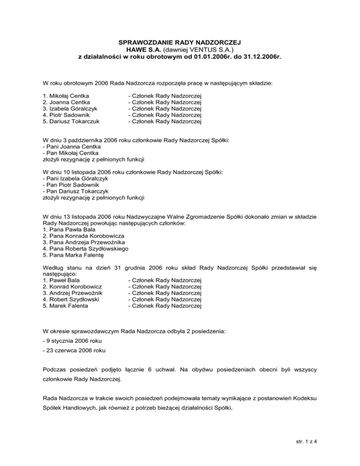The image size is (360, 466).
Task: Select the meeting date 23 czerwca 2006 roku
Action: pyautogui.click(x=75, y=350)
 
